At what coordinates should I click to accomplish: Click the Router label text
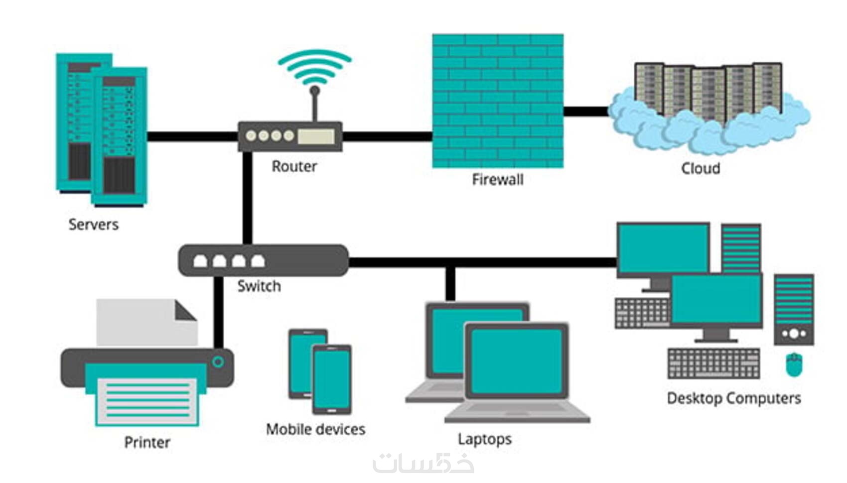pos(294,166)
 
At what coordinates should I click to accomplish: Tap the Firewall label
pos(497,179)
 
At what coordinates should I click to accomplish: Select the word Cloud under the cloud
pos(700,168)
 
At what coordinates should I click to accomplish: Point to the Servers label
pos(93,225)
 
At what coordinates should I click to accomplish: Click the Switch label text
pos(259,286)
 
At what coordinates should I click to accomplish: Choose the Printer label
pos(147,442)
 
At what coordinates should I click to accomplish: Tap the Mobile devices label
pos(315,429)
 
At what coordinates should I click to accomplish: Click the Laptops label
pos(484,439)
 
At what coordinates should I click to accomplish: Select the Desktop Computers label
pos(733,398)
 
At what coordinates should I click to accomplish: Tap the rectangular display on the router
pos(316,136)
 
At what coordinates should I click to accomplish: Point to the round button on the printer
pos(218,362)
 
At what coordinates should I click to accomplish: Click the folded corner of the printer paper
pos(185,311)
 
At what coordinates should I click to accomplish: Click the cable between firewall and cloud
pos(586,111)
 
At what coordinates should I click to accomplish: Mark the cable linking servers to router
pos(192,136)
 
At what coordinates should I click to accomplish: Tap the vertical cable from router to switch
pos(247,199)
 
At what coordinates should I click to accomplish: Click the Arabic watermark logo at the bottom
pos(423,464)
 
